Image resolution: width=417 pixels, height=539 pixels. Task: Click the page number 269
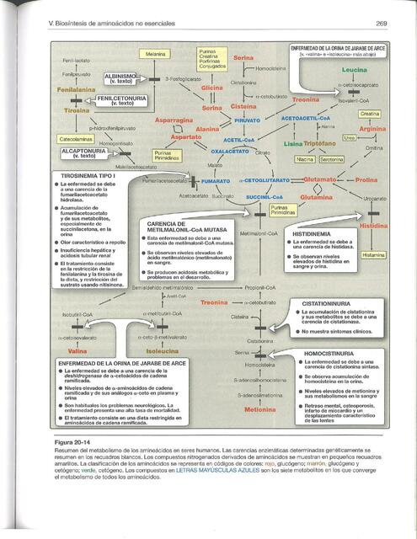381,23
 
